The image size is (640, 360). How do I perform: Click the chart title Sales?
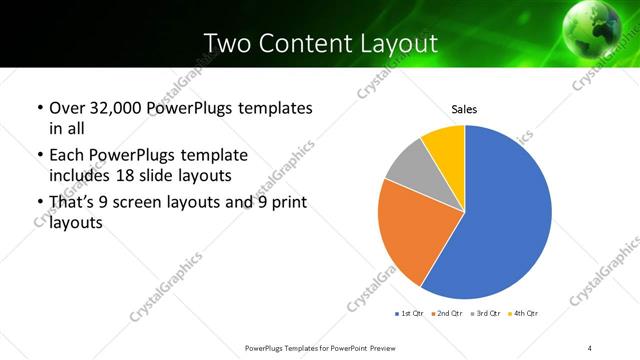click(464, 109)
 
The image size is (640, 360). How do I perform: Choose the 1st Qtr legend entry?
click(411, 314)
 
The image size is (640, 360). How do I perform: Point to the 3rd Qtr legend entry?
click(486, 314)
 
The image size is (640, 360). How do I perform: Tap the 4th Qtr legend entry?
click(523, 314)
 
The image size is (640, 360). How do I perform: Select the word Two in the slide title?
click(225, 43)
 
